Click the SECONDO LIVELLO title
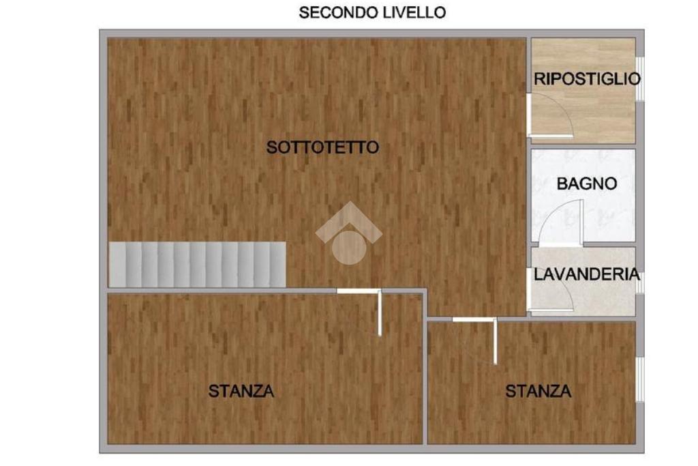point(372,12)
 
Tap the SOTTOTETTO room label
point(322,147)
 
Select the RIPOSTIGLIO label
point(587,79)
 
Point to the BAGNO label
point(587,184)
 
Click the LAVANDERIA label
point(587,274)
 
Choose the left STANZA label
point(241,391)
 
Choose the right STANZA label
point(538,391)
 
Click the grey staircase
point(197,265)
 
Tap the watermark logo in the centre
point(349,233)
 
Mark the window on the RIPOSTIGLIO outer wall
point(639,79)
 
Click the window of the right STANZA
point(639,379)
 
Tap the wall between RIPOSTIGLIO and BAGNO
point(583,147)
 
